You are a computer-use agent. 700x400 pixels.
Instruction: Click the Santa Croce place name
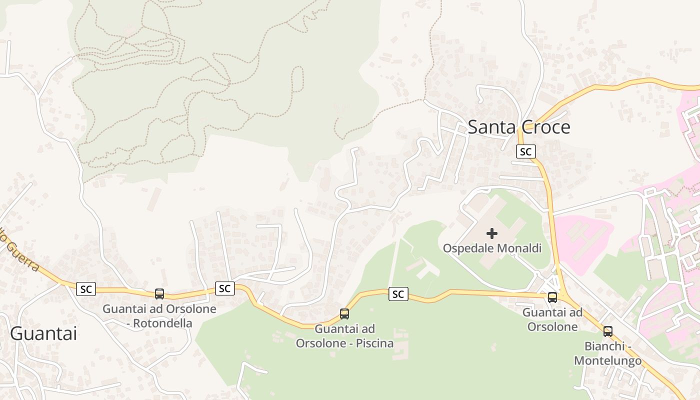(518, 127)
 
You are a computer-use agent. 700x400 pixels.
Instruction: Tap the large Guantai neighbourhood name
(43, 333)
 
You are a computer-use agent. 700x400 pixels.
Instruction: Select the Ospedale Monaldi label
(492, 248)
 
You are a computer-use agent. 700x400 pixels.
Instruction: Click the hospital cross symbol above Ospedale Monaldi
(492, 233)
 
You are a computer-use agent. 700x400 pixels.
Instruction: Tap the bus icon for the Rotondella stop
(159, 294)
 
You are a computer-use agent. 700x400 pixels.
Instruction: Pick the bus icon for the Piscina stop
(344, 314)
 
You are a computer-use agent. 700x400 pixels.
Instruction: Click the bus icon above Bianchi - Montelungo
(608, 331)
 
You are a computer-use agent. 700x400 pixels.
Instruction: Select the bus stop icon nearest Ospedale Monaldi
(552, 297)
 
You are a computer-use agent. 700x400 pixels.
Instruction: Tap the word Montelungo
(607, 360)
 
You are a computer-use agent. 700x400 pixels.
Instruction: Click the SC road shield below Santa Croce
(525, 151)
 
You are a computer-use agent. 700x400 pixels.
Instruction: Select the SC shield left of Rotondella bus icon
(86, 288)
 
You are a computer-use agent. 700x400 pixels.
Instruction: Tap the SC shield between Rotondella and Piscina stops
(225, 288)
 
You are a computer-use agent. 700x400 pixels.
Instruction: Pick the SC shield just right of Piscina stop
(398, 294)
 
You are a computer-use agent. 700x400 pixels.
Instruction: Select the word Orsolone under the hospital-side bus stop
(552, 327)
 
